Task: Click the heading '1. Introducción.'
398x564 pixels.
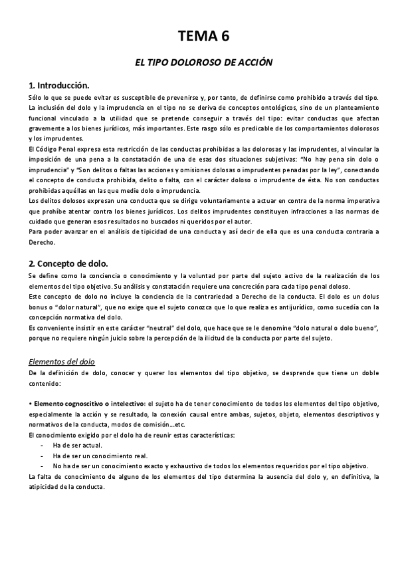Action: tap(59, 86)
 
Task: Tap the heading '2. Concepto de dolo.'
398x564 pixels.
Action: tap(68, 263)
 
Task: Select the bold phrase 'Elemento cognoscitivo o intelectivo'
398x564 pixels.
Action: tap(89, 404)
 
